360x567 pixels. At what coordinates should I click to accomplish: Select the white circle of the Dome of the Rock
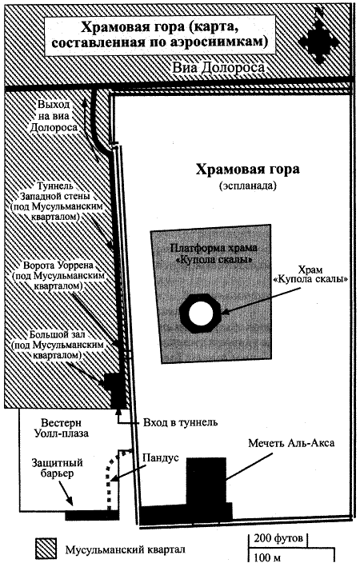197,312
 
